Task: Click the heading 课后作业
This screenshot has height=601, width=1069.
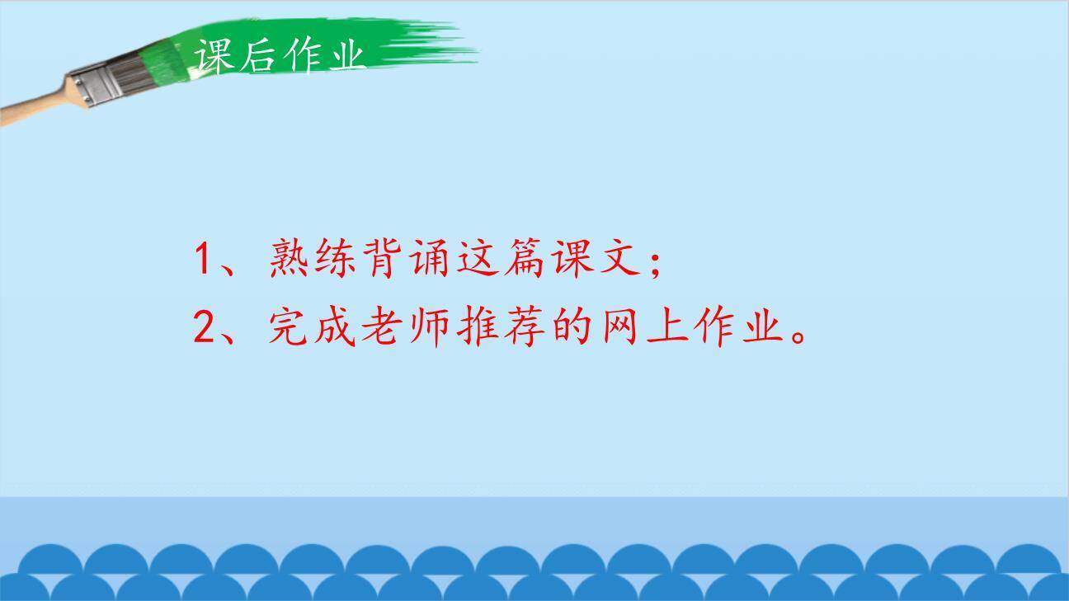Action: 279,56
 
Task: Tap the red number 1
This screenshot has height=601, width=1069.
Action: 205,259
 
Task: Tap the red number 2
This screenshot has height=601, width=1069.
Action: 205,328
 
